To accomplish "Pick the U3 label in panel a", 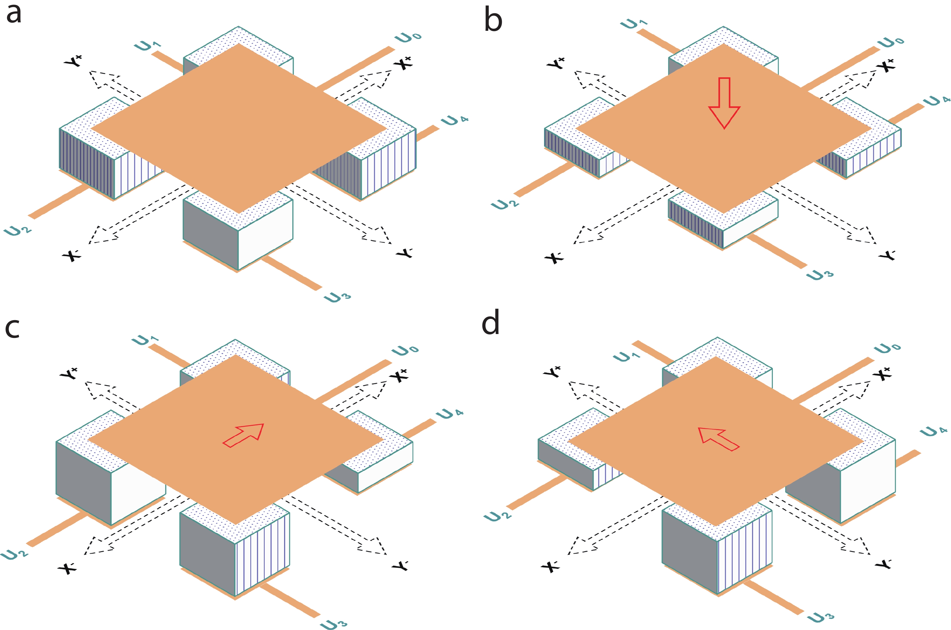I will pyautogui.click(x=337, y=297).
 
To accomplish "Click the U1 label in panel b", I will pyautogui.click(x=634, y=24).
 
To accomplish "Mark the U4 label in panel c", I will pyautogui.click(x=450, y=413).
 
